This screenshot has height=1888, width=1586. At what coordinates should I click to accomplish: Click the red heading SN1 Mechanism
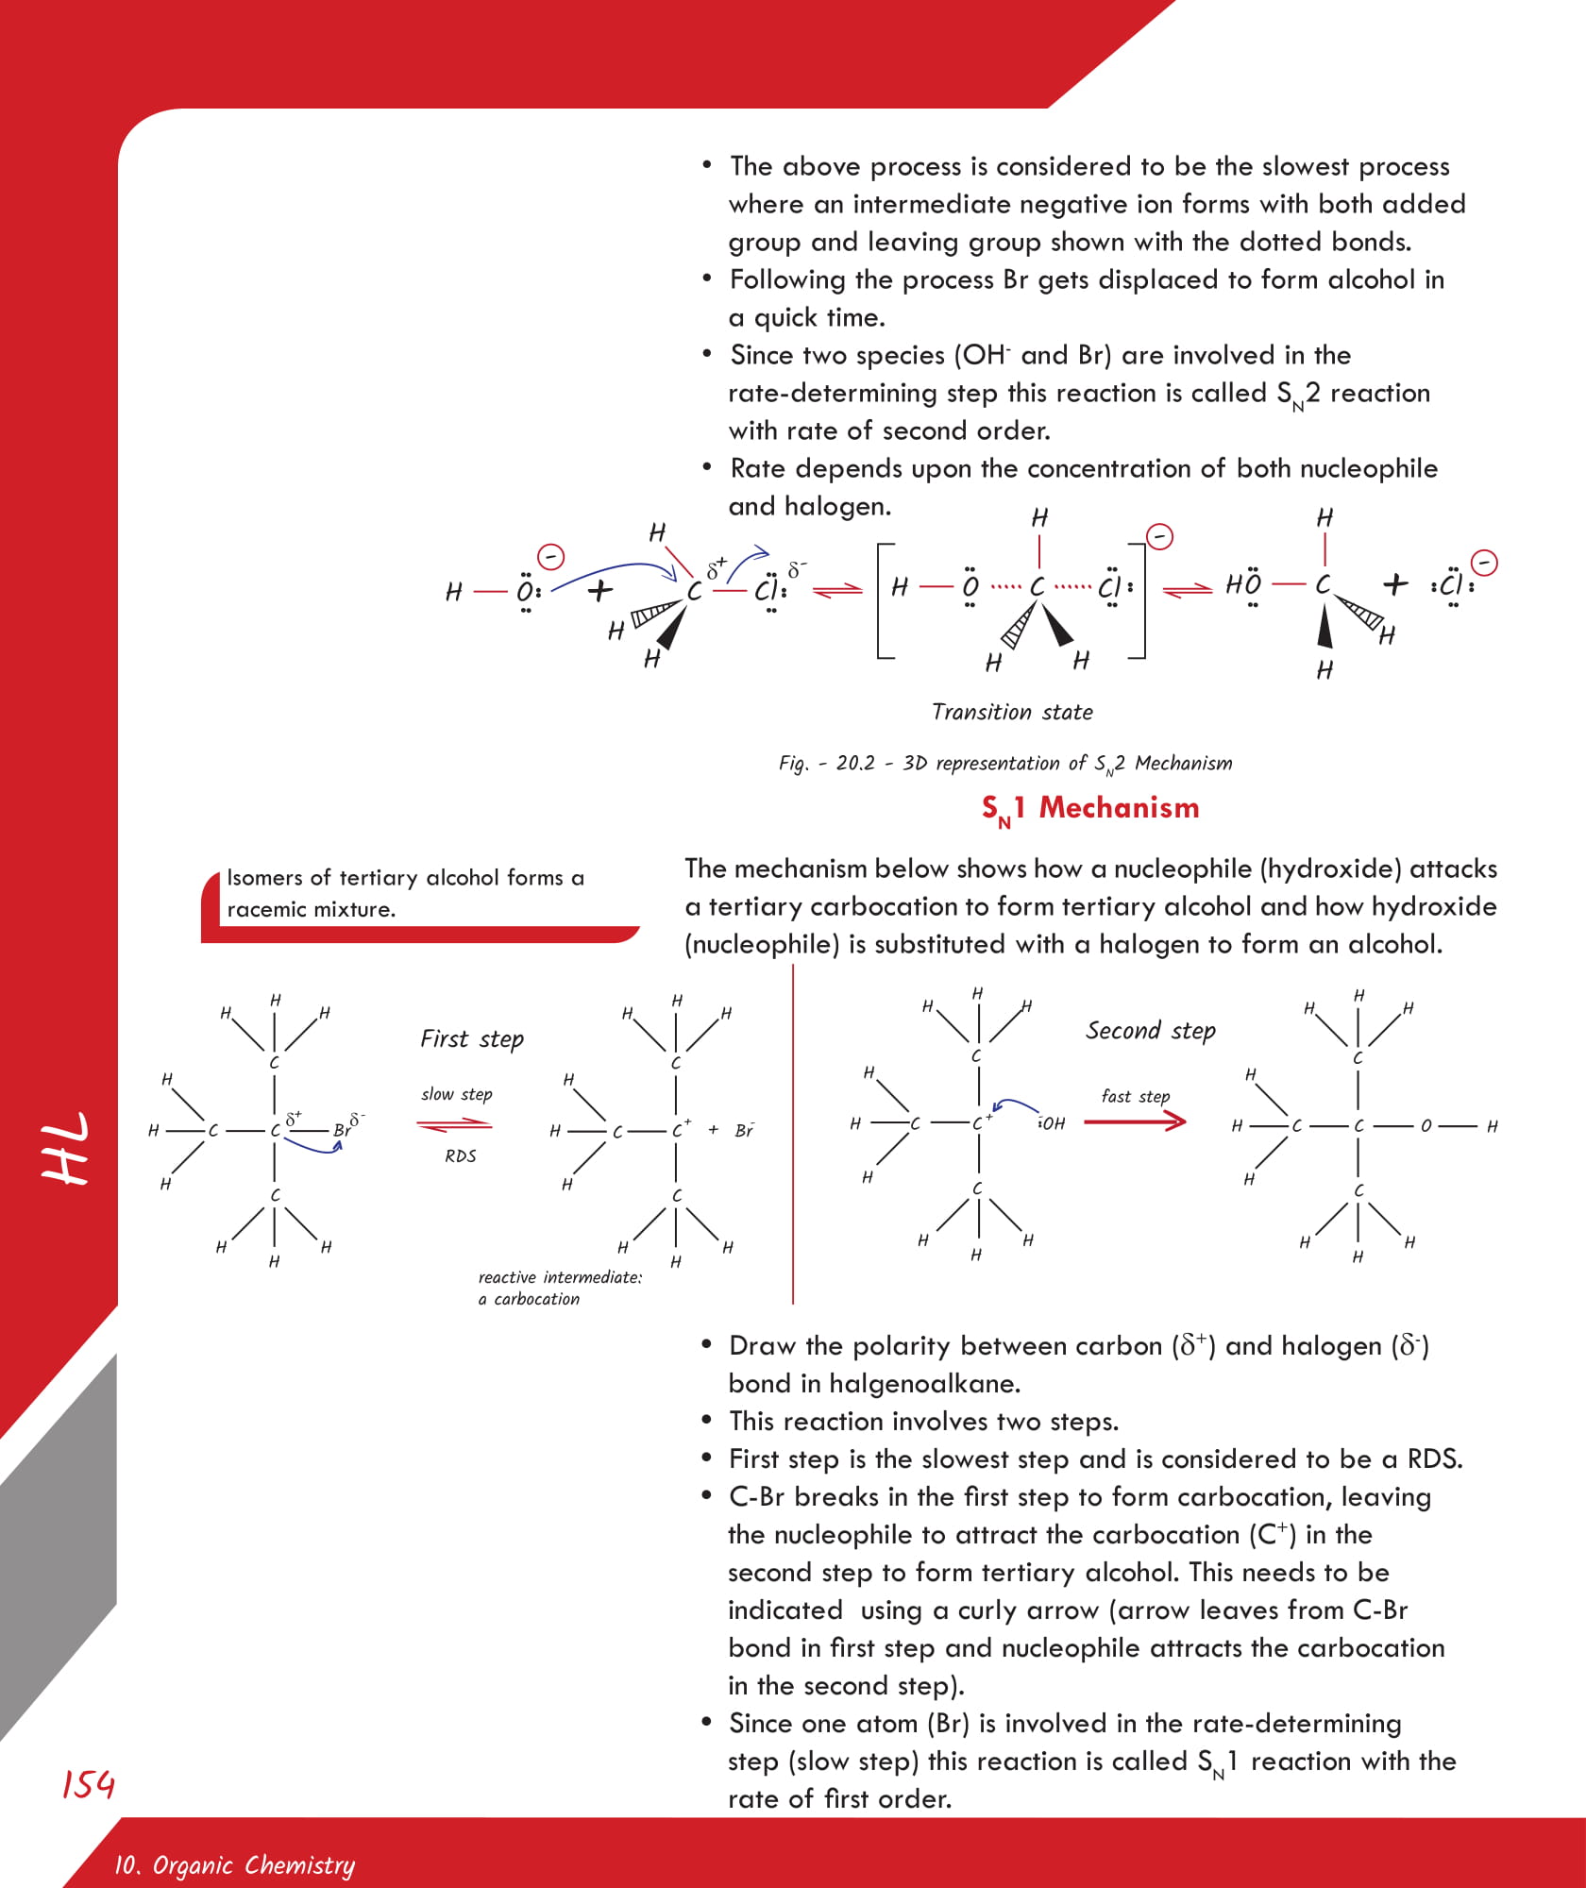1089,808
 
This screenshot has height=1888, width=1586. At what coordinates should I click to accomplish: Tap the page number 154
88,1783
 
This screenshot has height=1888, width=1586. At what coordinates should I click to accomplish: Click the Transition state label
1012,712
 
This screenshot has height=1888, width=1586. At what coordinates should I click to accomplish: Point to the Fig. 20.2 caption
1004,763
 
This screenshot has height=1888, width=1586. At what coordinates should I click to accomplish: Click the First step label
471,1039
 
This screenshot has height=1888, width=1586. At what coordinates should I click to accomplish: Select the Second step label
1150,1030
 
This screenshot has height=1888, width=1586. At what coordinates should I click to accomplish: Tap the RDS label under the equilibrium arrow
460,1155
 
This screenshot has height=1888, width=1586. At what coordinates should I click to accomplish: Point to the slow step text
456,1094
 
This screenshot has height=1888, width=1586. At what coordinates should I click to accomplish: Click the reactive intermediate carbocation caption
559,1288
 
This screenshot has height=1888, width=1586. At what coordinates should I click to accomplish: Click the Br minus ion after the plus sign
744,1130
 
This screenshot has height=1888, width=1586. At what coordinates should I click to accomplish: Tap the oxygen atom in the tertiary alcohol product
1426,1125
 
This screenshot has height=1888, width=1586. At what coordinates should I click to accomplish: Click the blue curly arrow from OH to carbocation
1016,1104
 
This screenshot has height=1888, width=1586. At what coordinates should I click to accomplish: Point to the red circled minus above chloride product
1485,563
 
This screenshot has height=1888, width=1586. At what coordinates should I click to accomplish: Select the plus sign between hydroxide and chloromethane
599,591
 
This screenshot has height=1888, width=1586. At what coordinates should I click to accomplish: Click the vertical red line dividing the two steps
793,1133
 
